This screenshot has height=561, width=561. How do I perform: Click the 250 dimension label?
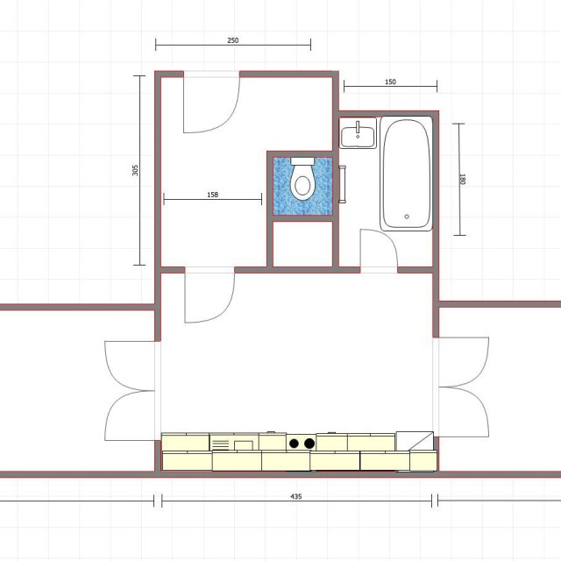pos(232,40)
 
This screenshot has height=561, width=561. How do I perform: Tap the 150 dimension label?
pos(390,82)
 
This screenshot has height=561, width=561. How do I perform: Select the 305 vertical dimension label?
pos(135,170)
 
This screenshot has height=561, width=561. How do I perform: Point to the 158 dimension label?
pos(212,195)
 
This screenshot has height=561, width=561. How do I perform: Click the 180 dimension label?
pos(462,179)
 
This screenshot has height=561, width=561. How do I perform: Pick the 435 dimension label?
pos(296,496)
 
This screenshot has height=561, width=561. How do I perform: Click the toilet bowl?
pos(302,183)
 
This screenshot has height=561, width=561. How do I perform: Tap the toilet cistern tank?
pos(302,161)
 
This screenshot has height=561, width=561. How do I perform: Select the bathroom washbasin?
pos(358,133)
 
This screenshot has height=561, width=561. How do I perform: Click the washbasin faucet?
pos(358,128)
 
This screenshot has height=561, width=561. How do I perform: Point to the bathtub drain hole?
pos(407,217)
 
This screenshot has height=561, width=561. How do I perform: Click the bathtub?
pos(406,174)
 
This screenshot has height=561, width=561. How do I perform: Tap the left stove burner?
pos(295,444)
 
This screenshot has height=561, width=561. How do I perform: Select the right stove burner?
pos(309,444)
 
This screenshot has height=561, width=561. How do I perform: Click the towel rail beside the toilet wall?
pos(342,184)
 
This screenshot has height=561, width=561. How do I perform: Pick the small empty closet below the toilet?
pos(302,244)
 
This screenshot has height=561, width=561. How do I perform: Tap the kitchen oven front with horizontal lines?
pos(221,443)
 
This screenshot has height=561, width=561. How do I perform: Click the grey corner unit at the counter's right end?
pos(415,441)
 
